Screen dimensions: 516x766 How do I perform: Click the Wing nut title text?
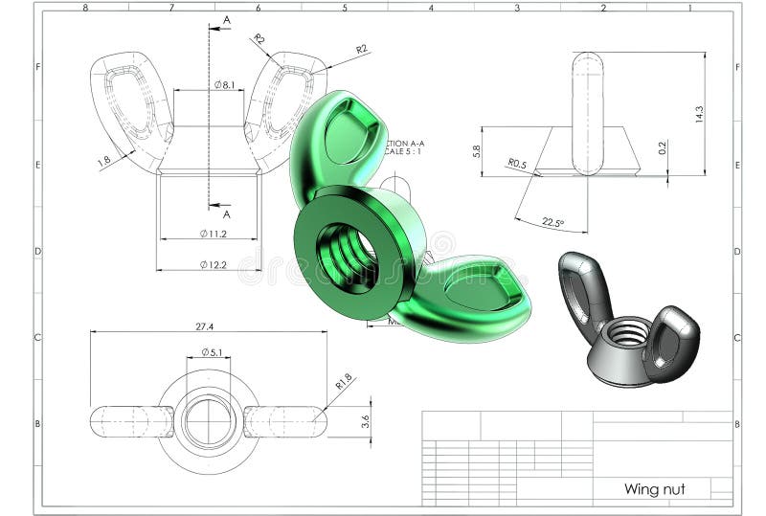tap(654, 489)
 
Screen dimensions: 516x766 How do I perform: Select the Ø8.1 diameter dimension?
tap(225, 85)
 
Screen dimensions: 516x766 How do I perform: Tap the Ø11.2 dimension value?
tap(213, 234)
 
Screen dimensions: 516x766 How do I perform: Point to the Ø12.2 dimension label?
tap(213, 264)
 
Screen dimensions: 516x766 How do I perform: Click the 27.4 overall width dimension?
tap(204, 326)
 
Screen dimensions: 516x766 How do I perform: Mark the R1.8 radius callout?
tap(343, 381)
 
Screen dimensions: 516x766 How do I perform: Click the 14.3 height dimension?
tap(699, 114)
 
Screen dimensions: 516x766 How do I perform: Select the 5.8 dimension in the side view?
tap(477, 151)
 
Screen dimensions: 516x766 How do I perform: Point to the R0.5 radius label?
tap(517, 164)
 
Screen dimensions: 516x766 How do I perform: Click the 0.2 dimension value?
tap(663, 148)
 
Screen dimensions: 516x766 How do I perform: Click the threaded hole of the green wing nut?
tap(347, 257)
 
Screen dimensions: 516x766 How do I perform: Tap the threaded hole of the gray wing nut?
tap(628, 334)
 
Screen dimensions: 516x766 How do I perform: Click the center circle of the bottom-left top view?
tap(209, 420)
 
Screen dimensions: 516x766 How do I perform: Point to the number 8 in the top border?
tap(85, 8)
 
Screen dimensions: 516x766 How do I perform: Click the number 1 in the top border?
tap(689, 8)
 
